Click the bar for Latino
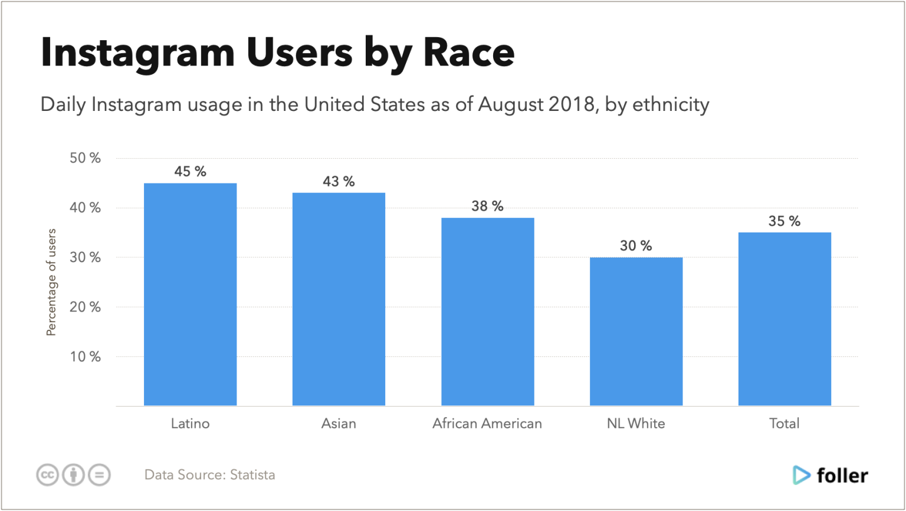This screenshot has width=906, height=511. pos(191,294)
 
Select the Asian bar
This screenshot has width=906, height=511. pos(339,299)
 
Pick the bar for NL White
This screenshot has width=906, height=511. pos(636,332)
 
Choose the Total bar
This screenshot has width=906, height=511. pos(784,319)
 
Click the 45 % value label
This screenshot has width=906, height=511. pos(190,172)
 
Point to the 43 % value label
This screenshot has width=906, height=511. pos(339,182)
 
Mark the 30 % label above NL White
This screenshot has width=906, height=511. pos(636,246)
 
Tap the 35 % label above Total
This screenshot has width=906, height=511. pos(784,221)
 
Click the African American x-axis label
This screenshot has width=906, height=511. pos(487,423)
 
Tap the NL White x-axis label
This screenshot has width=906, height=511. pos(636,423)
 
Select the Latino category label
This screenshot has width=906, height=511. pos(190,423)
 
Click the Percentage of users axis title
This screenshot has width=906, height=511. pos(52,282)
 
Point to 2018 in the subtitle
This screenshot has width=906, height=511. pos(572,104)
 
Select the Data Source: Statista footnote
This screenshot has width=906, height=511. pos(209,475)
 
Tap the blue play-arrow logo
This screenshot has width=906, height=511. pos(801,475)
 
